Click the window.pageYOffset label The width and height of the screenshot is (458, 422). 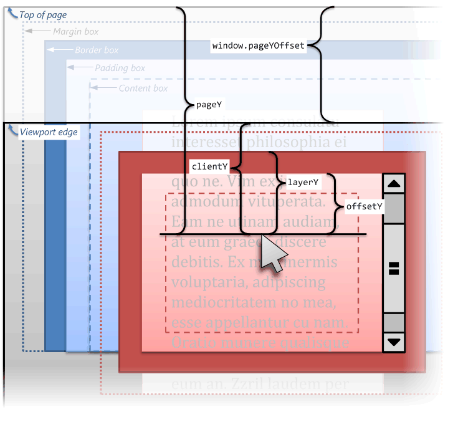coord(258,46)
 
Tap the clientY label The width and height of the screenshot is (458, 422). coord(209,166)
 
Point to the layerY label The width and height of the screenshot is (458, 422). coord(303,183)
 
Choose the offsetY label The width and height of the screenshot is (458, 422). coord(365,206)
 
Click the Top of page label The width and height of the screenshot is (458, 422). coord(43,15)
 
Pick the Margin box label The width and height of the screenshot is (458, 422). coord(75,32)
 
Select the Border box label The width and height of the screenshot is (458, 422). coord(97,50)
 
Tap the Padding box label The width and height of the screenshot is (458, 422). coord(120,68)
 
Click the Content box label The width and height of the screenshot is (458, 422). coord(143,89)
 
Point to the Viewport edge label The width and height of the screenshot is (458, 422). coord(49,132)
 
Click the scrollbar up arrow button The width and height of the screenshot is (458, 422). coord(394,183)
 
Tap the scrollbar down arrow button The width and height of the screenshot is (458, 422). coord(394,342)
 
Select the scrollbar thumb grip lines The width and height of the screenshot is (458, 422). coord(394,268)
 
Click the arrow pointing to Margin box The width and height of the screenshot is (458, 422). coord(38,31)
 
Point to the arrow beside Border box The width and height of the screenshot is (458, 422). coord(60,49)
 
